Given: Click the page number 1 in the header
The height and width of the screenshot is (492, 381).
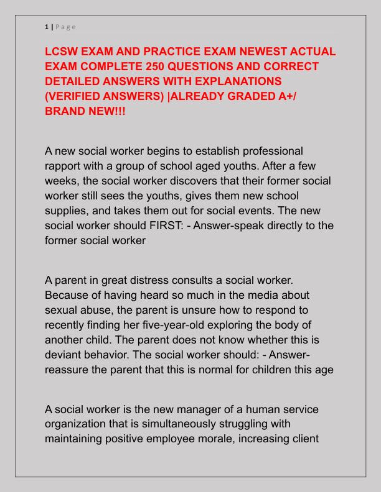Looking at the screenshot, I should pyautogui.click(x=47, y=27).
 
